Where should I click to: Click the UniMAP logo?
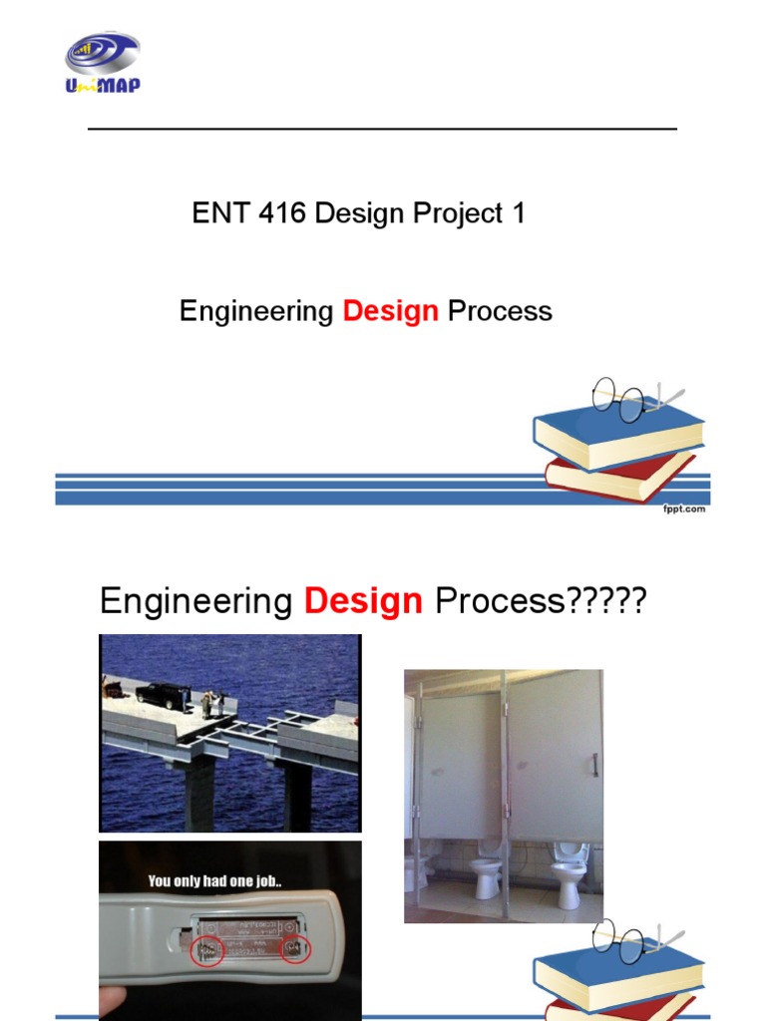pos(103,64)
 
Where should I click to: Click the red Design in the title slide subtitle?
pos(390,311)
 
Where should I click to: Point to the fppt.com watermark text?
pos(685,509)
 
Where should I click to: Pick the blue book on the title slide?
pos(618,435)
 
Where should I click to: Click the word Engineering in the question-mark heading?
pos(195,601)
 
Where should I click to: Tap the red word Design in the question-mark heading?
pos(363,601)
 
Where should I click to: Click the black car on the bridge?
pos(162,695)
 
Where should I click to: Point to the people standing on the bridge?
pos(211,703)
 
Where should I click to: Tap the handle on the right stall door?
pos(594,765)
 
